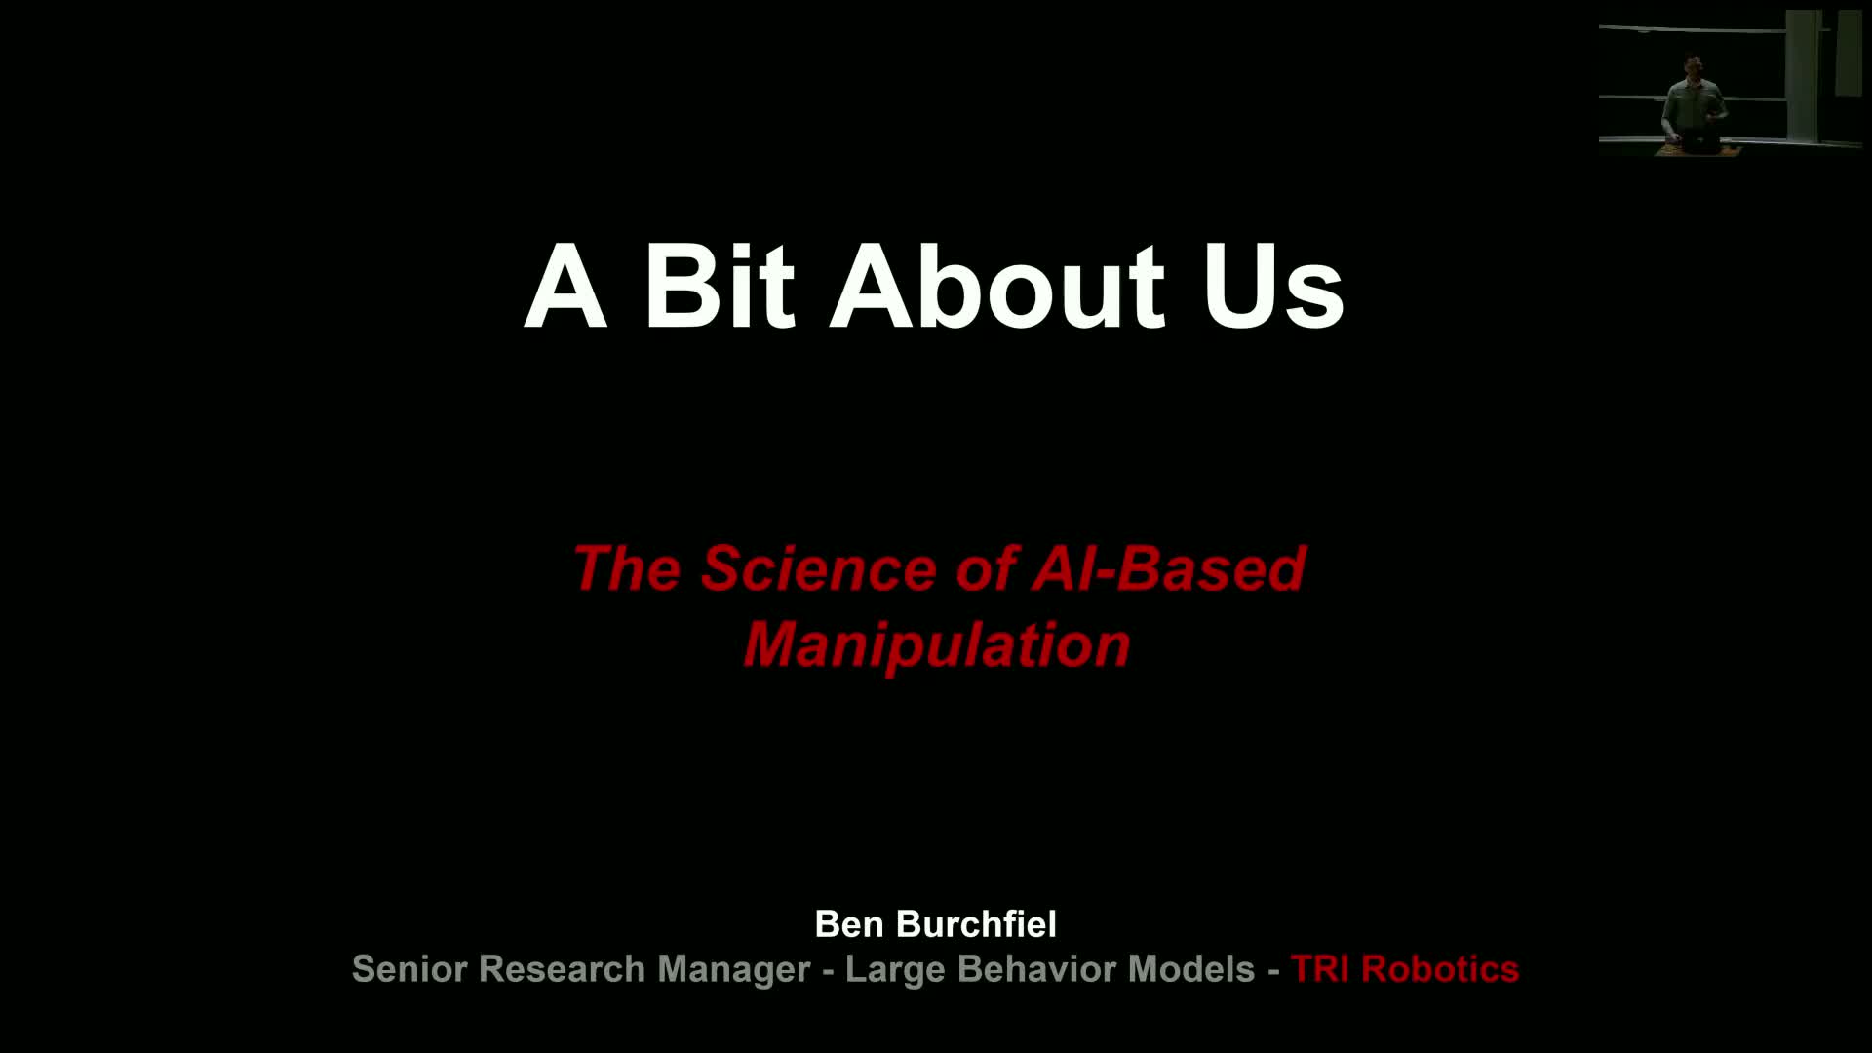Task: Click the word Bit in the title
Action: pyautogui.click(x=720, y=285)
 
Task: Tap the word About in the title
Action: pyautogui.click(x=997, y=285)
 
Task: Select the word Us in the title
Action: pyautogui.click(x=1273, y=285)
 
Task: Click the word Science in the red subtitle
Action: pyautogui.click(x=819, y=567)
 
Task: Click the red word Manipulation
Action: pyautogui.click(x=937, y=644)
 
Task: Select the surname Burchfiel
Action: pyautogui.click(x=976, y=923)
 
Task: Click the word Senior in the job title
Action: pyautogui.click(x=409, y=969)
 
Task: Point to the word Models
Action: pyautogui.click(x=1191, y=969)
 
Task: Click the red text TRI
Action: pyautogui.click(x=1320, y=969)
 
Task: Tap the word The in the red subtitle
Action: pyautogui.click(x=625, y=567)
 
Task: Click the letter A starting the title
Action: pyautogui.click(x=565, y=285)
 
